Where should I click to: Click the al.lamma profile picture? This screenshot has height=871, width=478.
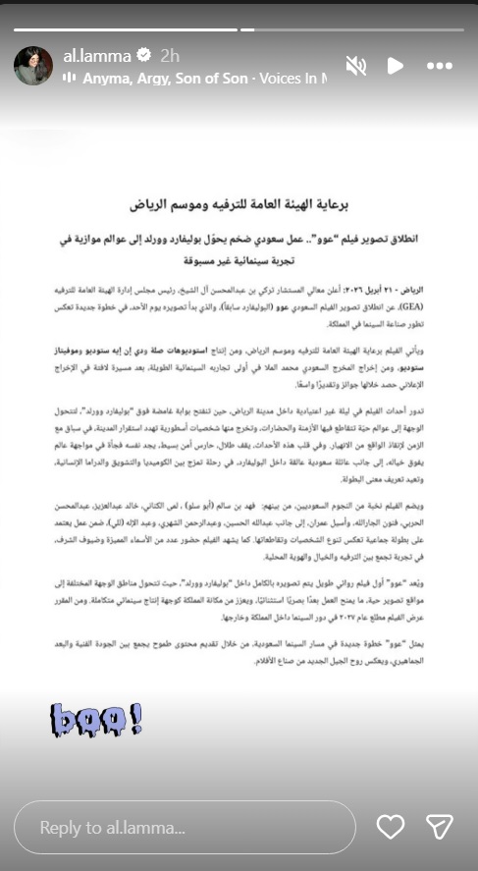coord(33,65)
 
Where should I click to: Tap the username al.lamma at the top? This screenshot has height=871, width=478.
coord(96,55)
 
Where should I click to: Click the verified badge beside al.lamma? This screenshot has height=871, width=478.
coord(144,55)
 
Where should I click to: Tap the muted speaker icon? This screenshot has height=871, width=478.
coord(356,65)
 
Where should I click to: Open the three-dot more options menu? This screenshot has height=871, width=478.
coord(440,65)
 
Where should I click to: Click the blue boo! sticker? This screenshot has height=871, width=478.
coord(97,719)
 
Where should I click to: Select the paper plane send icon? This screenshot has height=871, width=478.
coord(439,828)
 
